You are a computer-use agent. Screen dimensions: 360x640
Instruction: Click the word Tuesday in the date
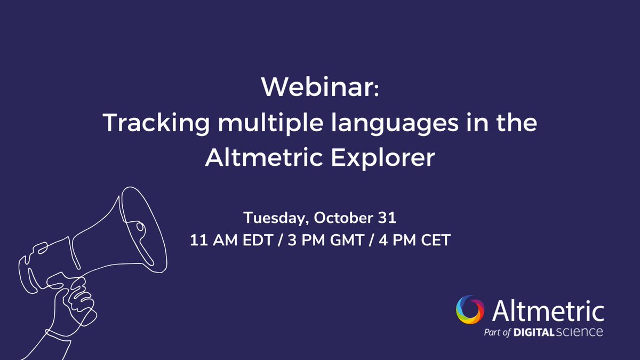(x=275, y=219)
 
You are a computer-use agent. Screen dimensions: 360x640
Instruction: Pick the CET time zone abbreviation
(x=435, y=241)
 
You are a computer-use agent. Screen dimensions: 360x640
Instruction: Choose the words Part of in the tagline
(x=497, y=332)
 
